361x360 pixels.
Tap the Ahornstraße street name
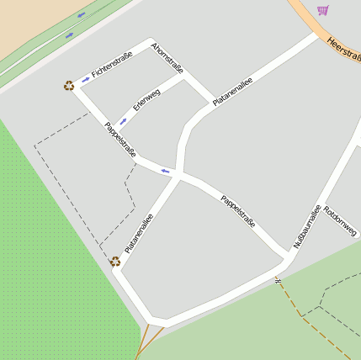point(167,56)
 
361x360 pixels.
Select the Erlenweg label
point(146,101)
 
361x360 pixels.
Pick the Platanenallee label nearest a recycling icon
point(139,233)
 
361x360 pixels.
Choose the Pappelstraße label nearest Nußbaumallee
point(237,212)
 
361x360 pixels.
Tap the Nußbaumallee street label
point(307,226)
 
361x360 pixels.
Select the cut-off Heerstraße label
point(344,48)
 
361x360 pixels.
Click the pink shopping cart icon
point(322,10)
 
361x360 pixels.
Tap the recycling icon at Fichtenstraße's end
point(68,85)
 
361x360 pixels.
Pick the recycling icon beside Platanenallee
point(115,261)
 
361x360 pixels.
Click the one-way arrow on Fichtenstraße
point(85,80)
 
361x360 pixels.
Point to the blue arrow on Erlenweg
point(124,121)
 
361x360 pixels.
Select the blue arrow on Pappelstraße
point(166,171)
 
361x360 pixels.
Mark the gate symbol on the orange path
point(277,280)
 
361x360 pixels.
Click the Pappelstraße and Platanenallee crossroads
point(179,174)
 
